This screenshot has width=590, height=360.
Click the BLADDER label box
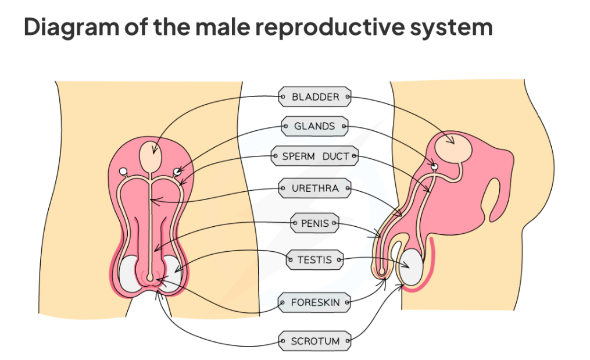(315, 97)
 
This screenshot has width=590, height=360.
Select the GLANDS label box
(314, 126)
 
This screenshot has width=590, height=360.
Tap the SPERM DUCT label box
(314, 156)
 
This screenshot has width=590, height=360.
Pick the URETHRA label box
(314, 188)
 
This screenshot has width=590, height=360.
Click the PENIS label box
(314, 223)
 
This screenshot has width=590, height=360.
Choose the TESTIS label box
(314, 260)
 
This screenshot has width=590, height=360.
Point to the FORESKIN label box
(314, 302)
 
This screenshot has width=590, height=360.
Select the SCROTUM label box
(314, 341)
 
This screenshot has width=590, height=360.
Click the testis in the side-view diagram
(413, 266)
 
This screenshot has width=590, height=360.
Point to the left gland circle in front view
(123, 172)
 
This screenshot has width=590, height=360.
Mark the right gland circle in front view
(178, 172)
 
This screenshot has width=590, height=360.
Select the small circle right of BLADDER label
(348, 97)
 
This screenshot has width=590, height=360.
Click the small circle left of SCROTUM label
(283, 341)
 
